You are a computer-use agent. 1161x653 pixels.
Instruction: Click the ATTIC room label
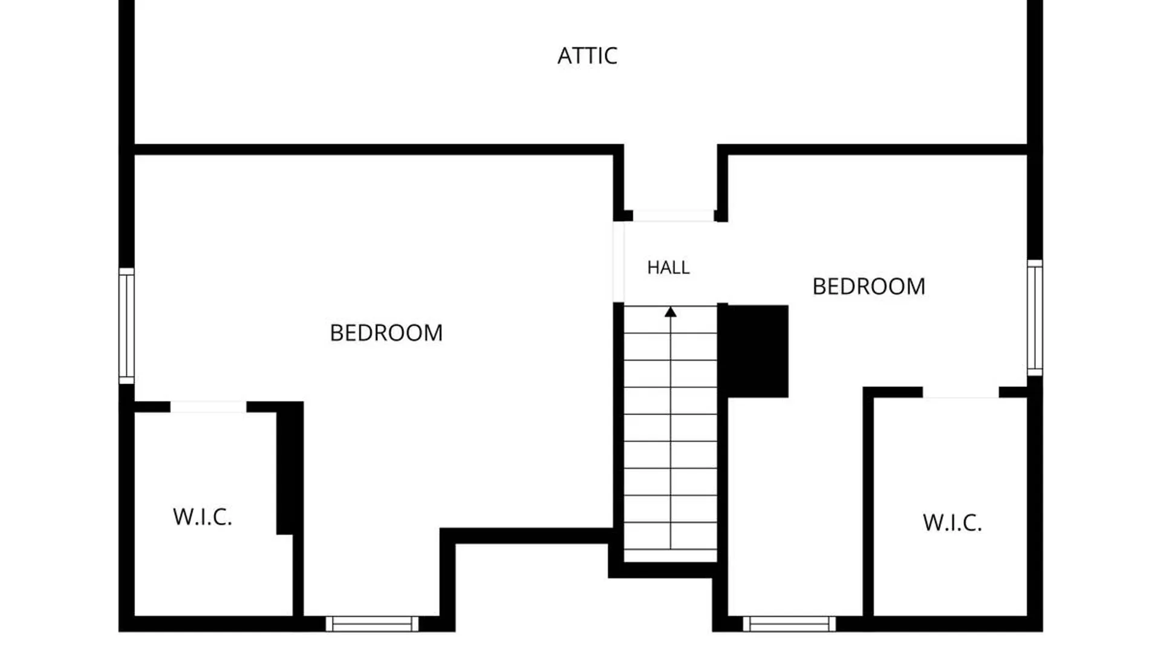587,56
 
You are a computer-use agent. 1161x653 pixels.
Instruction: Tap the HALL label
668,267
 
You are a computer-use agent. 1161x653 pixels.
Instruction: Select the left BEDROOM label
386,333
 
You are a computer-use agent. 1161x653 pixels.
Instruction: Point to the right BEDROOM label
868,286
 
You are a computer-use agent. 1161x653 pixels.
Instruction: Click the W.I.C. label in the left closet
203,517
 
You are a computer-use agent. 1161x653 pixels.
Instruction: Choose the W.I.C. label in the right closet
952,522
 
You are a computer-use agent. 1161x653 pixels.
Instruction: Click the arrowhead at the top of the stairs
671,312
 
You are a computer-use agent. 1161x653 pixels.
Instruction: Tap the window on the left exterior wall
126,326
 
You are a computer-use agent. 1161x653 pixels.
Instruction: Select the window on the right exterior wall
1035,318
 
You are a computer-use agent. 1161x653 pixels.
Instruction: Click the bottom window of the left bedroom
372,624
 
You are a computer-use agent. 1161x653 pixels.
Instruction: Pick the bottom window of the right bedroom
789,624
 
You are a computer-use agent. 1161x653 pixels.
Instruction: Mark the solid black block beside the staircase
758,351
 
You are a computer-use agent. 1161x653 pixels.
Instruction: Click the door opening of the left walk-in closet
209,407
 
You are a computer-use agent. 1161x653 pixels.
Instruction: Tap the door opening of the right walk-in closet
961,392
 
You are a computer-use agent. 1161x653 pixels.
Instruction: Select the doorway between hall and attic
674,216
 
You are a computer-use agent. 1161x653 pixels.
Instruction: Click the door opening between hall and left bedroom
619,262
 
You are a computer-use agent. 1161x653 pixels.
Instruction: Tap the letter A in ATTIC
565,56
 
